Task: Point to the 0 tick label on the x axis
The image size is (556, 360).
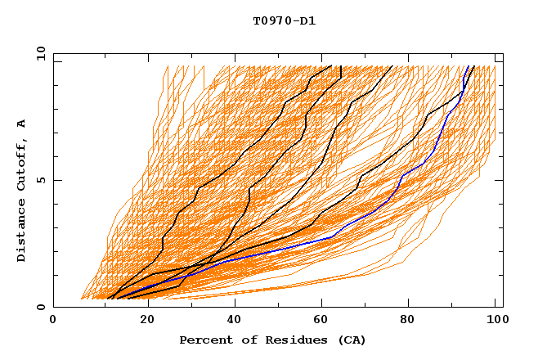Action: pos(53,322)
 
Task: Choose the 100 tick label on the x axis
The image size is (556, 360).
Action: pos(495,322)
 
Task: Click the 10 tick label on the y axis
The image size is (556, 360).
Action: pos(40,53)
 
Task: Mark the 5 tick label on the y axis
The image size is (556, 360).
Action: pos(43,180)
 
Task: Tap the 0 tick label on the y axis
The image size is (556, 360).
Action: pos(43,307)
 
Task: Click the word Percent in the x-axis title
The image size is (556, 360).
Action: pos(204,340)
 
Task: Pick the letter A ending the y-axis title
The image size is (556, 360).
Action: pos(22,124)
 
